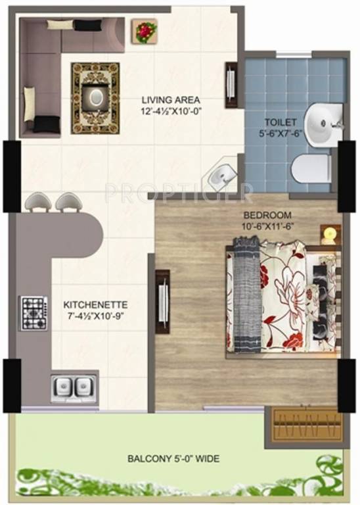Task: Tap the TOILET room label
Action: click(281, 122)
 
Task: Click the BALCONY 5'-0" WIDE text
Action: click(174, 458)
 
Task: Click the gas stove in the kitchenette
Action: click(32, 314)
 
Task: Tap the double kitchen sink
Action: click(71, 387)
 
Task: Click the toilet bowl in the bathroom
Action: click(310, 168)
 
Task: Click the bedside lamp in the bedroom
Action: click(330, 233)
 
